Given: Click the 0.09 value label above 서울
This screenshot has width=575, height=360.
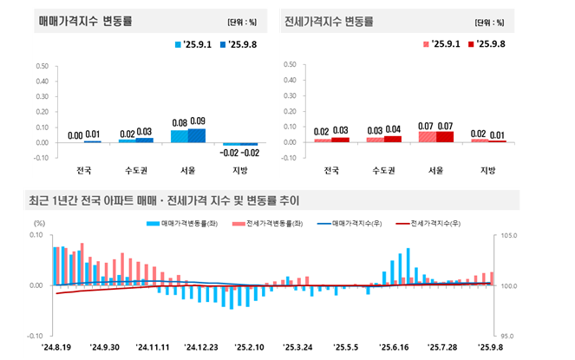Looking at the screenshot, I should coord(197,121).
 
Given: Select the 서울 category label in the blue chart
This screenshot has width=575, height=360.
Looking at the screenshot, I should coord(188,170).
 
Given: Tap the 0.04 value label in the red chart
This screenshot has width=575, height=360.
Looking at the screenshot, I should coord(393,129).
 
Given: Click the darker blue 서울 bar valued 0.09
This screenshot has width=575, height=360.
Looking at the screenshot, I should coord(197,135).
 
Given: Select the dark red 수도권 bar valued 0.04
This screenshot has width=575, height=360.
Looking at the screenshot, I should coord(393,139).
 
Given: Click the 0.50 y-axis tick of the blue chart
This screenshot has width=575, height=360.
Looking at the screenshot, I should coord(42,64).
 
